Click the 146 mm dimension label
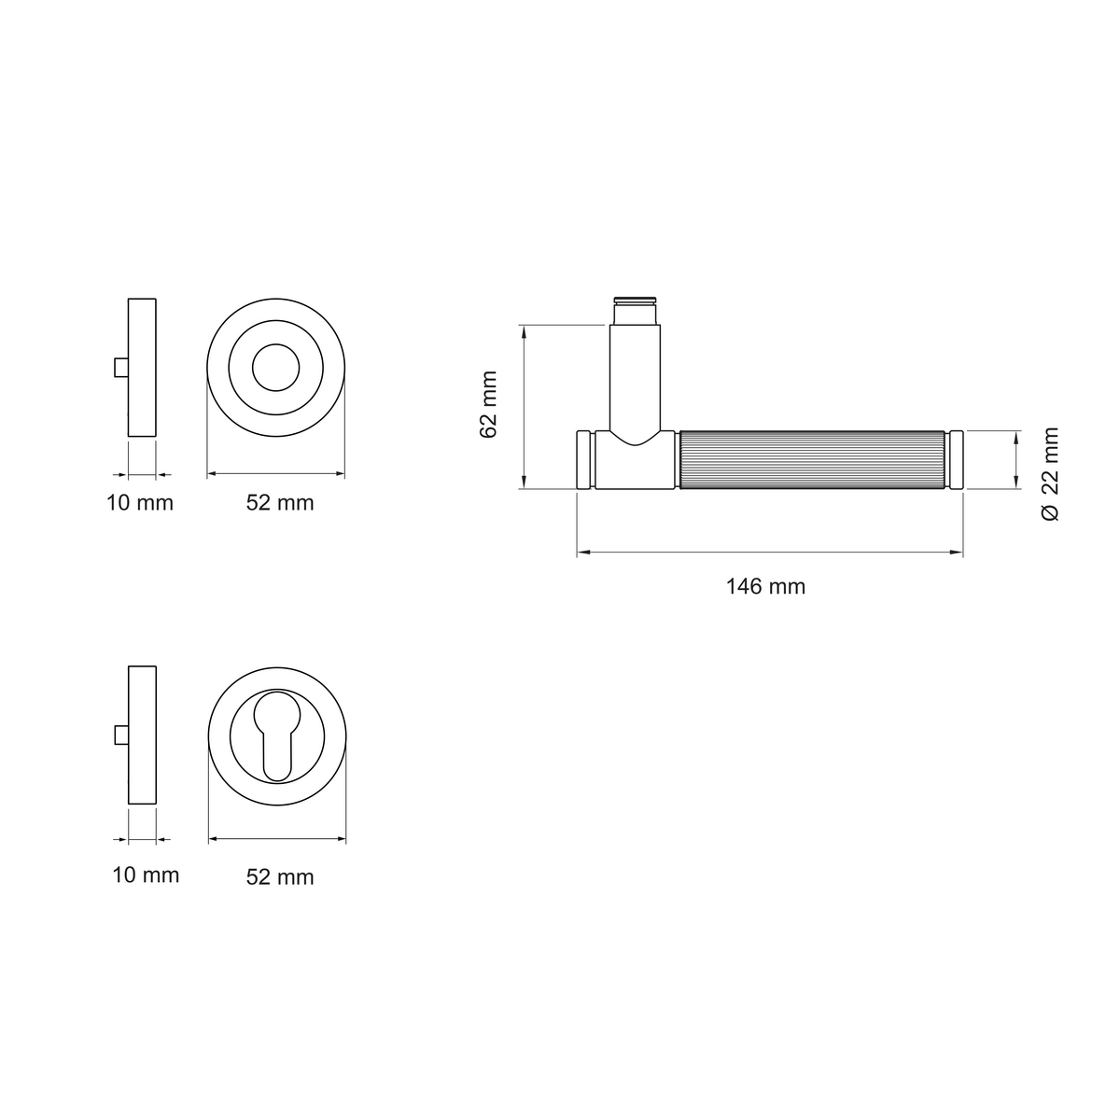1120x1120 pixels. click(x=765, y=586)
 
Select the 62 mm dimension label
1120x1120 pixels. click(x=488, y=404)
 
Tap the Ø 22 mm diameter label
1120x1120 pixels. click(x=1050, y=474)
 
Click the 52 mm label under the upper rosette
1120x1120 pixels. click(x=280, y=503)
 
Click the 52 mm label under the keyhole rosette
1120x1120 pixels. click(x=280, y=877)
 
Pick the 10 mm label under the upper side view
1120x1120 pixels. click(x=139, y=503)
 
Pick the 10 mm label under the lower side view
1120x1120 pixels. click(x=146, y=875)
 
